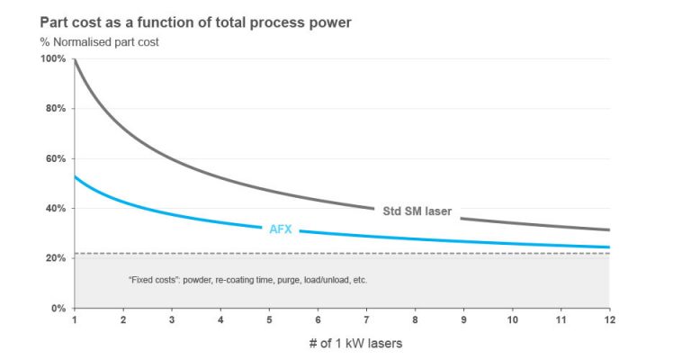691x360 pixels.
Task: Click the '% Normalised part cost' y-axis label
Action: pos(98,42)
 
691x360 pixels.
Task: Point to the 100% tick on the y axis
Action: pos(53,58)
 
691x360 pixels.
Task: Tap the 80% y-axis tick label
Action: pos(55,109)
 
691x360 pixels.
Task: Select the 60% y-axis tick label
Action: pos(55,158)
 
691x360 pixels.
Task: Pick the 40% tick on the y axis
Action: pos(55,209)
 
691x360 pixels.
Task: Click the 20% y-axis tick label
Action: pos(55,258)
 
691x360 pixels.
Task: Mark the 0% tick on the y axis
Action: pos(58,309)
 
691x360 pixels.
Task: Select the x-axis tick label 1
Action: pos(74,319)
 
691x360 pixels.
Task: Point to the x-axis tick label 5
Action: pos(269,319)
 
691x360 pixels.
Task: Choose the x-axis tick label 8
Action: pos(415,319)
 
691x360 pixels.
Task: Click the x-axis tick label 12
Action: pos(610,319)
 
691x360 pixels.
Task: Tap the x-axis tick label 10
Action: pos(512,319)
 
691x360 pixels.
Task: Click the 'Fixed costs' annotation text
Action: pos(248,280)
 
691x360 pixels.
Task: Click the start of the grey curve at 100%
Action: pos(75,60)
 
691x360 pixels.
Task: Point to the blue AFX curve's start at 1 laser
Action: pos(75,177)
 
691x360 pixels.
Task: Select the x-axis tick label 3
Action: pos(171,319)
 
